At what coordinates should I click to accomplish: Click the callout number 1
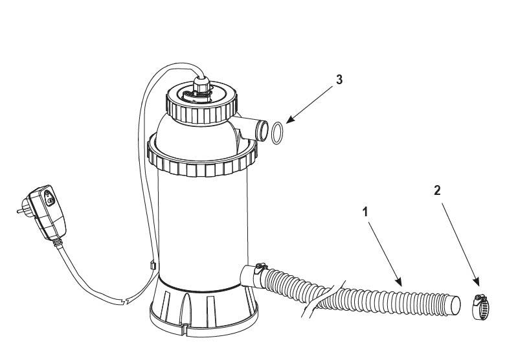(365, 212)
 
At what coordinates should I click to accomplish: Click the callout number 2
(437, 190)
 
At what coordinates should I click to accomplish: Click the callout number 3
(339, 80)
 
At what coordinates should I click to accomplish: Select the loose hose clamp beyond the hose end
(480, 307)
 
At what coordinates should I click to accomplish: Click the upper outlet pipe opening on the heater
(263, 131)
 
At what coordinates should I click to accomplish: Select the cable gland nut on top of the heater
(201, 84)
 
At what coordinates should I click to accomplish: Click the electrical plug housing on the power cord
(47, 212)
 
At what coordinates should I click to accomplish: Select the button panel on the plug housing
(49, 197)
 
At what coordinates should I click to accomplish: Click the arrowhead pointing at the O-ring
(289, 120)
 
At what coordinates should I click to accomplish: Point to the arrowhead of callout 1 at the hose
(399, 281)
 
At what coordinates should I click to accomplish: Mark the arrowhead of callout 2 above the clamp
(477, 281)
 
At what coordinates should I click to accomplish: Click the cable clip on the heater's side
(153, 265)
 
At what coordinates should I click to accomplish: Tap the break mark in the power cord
(125, 302)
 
